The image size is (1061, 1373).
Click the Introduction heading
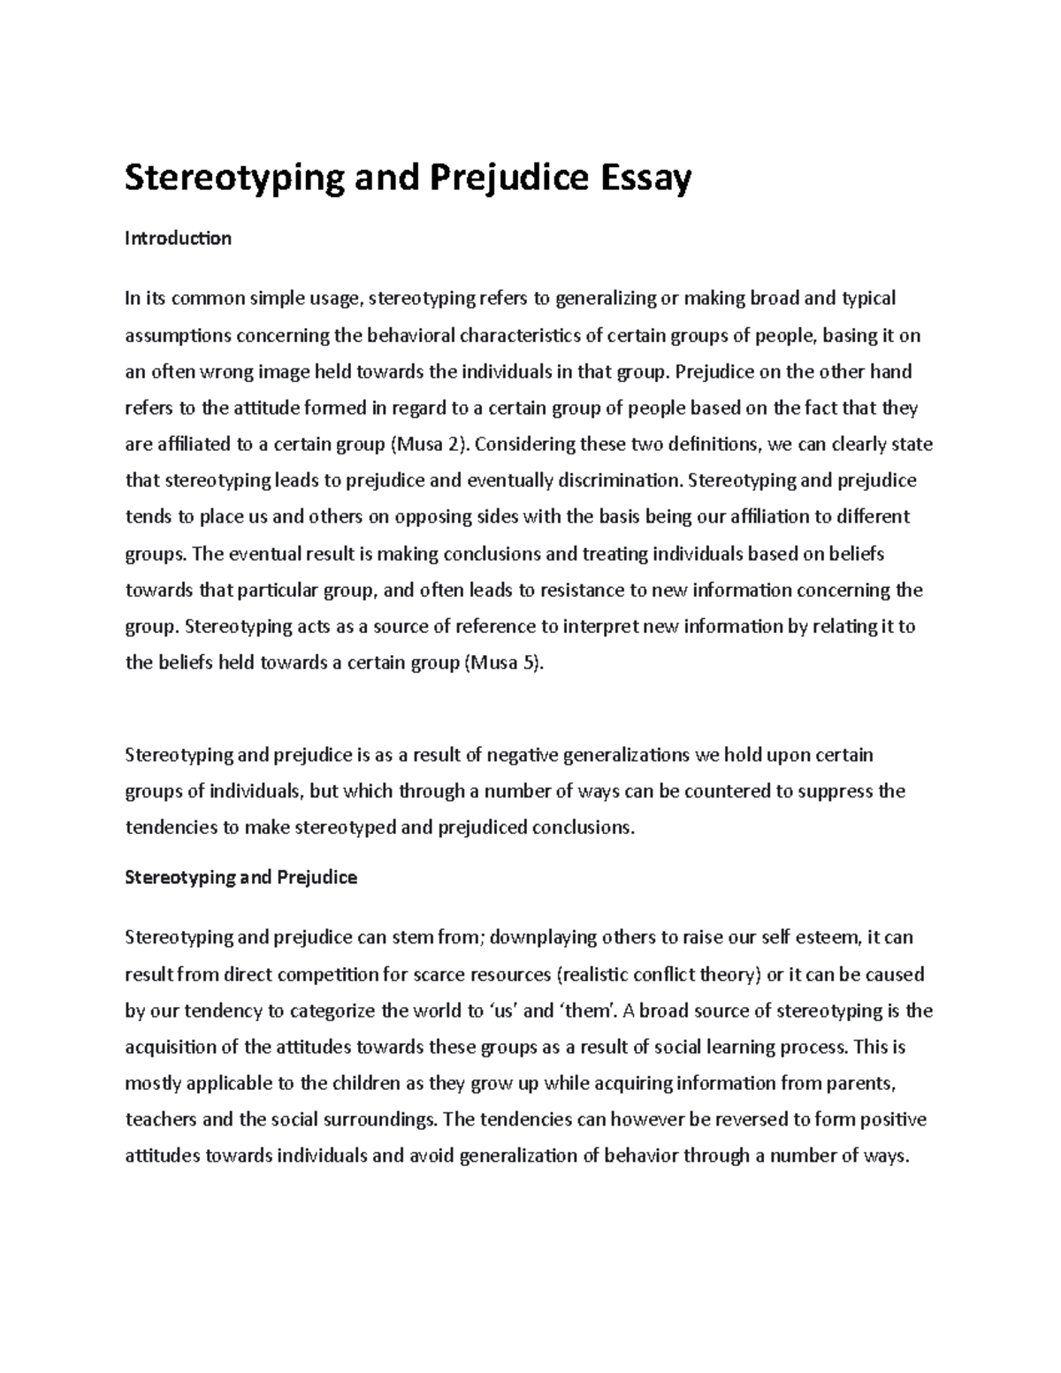[x=178, y=239]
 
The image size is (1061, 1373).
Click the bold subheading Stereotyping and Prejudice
[x=240, y=878]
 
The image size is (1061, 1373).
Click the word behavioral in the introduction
[x=407, y=335]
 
